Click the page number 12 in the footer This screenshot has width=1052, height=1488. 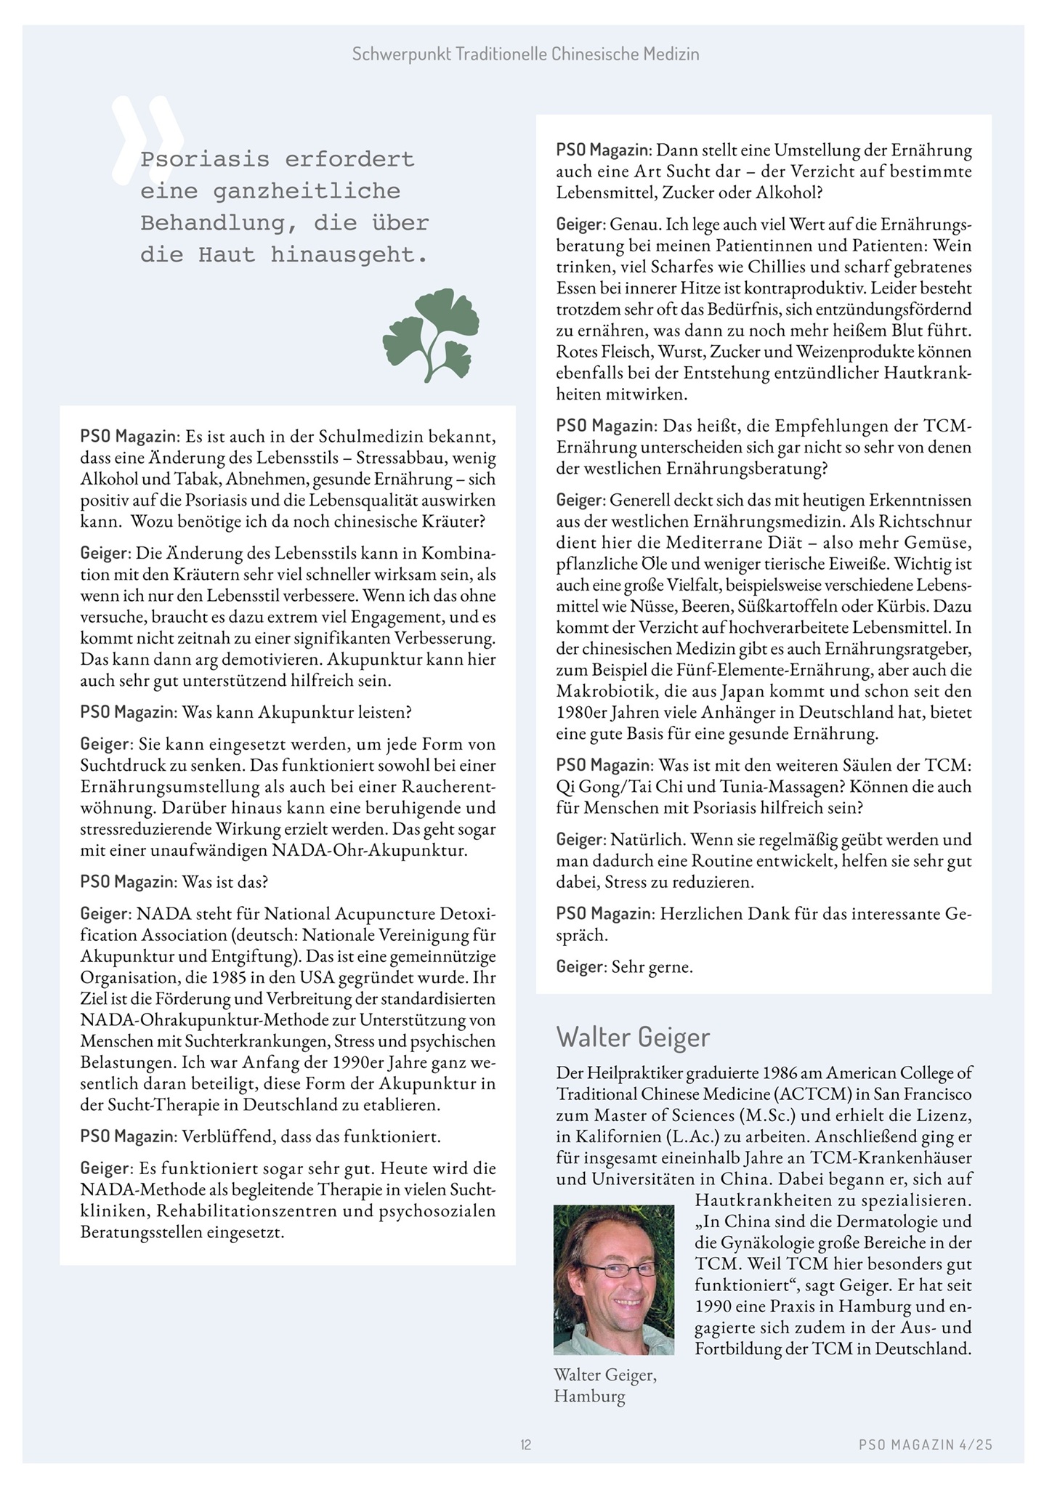(x=526, y=1445)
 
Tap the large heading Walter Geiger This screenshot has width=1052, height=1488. (x=633, y=1037)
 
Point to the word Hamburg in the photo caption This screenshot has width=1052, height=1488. (x=589, y=1396)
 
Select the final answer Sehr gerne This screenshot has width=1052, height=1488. (x=652, y=967)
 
